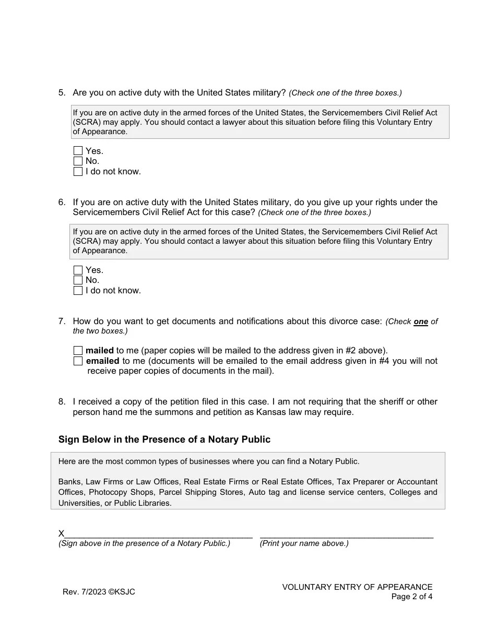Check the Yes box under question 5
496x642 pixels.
click(78, 151)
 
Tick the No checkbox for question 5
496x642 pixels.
click(78, 161)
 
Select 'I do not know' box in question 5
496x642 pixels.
click(78, 171)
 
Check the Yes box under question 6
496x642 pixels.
click(78, 270)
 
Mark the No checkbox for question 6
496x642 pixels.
click(78, 280)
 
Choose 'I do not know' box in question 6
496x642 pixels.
click(78, 290)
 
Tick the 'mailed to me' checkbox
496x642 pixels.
click(78, 350)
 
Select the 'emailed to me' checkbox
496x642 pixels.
click(78, 361)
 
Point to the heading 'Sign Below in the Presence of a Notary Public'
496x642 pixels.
click(164, 439)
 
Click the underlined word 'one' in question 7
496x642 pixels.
click(421, 322)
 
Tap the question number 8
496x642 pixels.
click(62, 401)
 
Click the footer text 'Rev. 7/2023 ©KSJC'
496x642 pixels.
click(99, 592)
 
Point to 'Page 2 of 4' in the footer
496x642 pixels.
click(411, 597)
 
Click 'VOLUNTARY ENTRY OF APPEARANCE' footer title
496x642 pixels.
click(357, 587)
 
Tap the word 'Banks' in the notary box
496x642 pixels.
click(69, 482)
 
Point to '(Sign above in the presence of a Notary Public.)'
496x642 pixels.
click(144, 543)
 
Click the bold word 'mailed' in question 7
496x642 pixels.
click(100, 350)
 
